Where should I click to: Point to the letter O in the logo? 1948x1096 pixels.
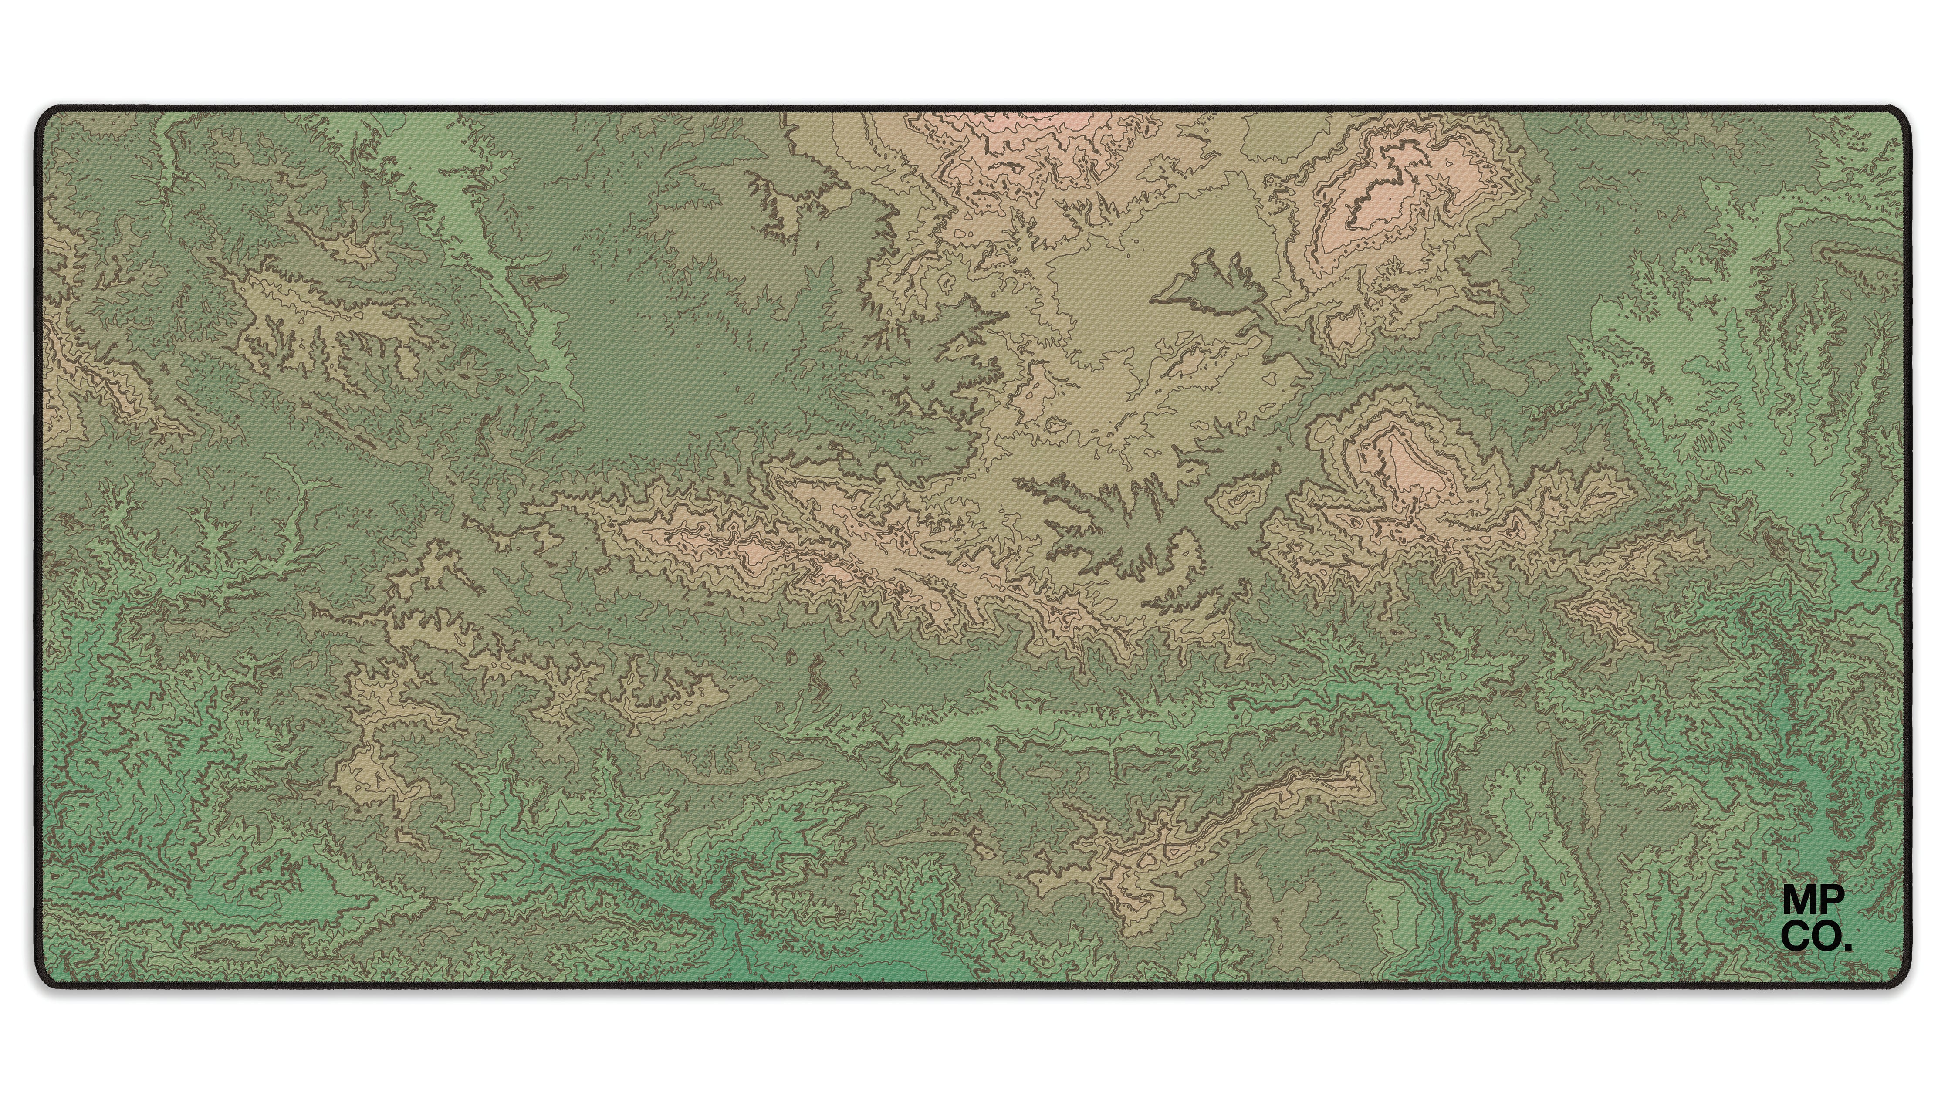(1829, 939)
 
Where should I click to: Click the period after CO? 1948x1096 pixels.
(1849, 947)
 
